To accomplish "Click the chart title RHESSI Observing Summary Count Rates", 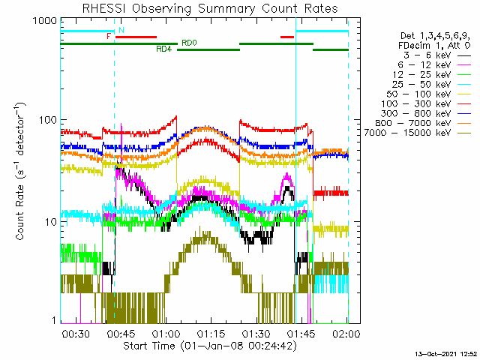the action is point(210,8).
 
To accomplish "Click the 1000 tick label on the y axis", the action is point(45,21).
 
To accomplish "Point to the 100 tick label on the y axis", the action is point(48,120).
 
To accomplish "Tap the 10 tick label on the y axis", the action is point(51,222).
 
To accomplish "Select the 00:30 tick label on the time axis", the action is point(76,333).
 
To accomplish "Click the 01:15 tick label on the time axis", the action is point(211,333).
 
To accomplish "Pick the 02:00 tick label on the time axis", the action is point(346,333).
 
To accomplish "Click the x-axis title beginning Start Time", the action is point(210,346).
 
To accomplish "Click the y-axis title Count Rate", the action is point(20,172).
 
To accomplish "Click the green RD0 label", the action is point(189,43).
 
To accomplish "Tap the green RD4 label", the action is point(164,49).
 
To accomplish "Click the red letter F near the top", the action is point(108,37).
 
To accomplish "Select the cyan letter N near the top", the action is point(121,30).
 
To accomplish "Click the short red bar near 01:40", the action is point(287,37).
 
